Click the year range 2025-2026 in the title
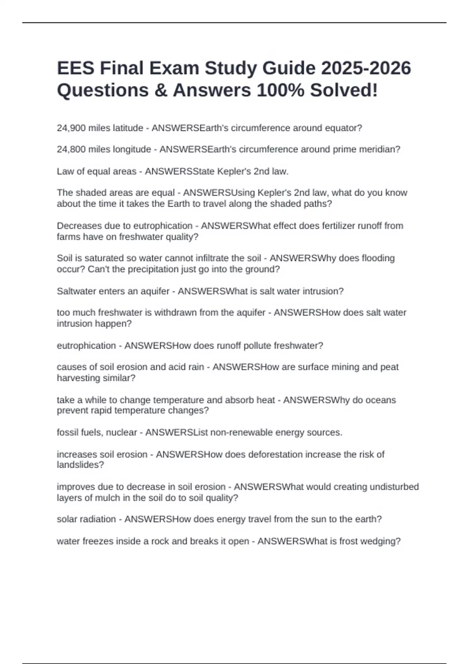(x=366, y=68)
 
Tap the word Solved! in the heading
(x=344, y=90)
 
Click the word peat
(x=390, y=367)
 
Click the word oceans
(x=381, y=400)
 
